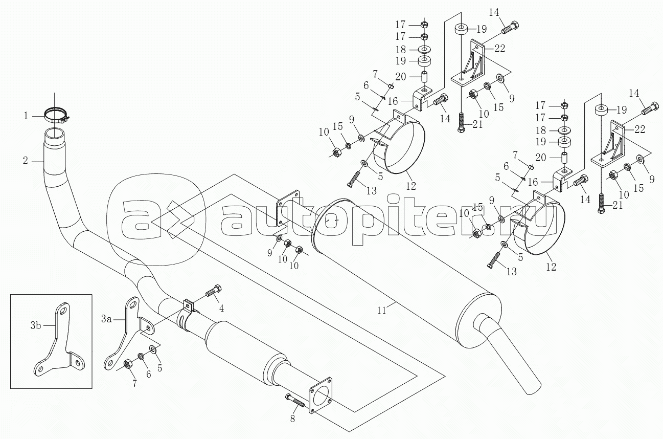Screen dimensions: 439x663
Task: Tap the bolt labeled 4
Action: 213,292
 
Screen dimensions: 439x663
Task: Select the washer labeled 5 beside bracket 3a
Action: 153,349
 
